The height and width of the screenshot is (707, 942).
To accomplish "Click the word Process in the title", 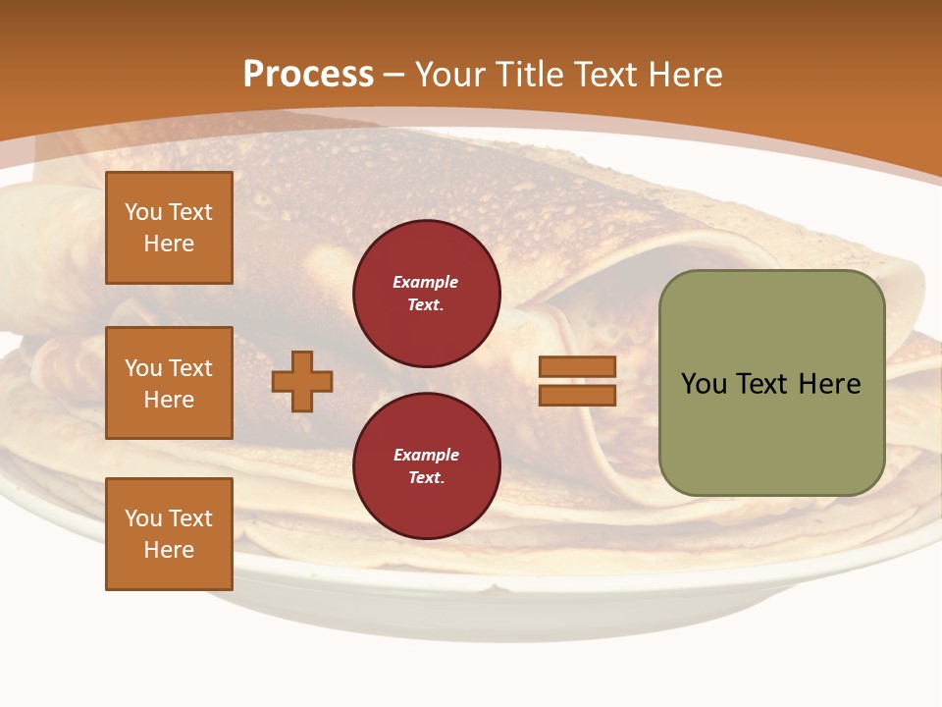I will [x=308, y=75].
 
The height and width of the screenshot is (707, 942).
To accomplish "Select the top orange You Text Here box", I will [x=169, y=228].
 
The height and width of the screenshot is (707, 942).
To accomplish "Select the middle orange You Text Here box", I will [x=169, y=383].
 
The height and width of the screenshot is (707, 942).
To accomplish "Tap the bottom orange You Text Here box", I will [x=169, y=533].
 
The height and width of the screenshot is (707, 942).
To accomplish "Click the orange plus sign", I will [x=302, y=381].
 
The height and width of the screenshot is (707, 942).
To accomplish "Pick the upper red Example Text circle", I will [x=426, y=294].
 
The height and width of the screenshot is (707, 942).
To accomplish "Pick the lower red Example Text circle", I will [x=426, y=465].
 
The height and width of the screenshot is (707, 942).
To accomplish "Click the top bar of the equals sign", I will [x=577, y=367].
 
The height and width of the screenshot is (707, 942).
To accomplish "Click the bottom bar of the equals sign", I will [x=577, y=395].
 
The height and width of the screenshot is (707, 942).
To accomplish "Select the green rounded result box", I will [x=771, y=383].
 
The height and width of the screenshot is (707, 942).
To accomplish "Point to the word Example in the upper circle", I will [x=426, y=282].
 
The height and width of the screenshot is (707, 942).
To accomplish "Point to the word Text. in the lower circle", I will [x=426, y=478].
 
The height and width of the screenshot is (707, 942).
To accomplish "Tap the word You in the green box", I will [x=704, y=384].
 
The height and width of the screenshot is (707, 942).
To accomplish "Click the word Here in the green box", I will [x=830, y=384].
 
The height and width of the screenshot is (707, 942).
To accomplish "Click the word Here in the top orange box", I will [x=169, y=244].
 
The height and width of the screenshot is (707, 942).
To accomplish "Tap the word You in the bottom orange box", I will [x=143, y=518].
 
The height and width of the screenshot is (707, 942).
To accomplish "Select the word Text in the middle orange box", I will [x=189, y=368].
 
